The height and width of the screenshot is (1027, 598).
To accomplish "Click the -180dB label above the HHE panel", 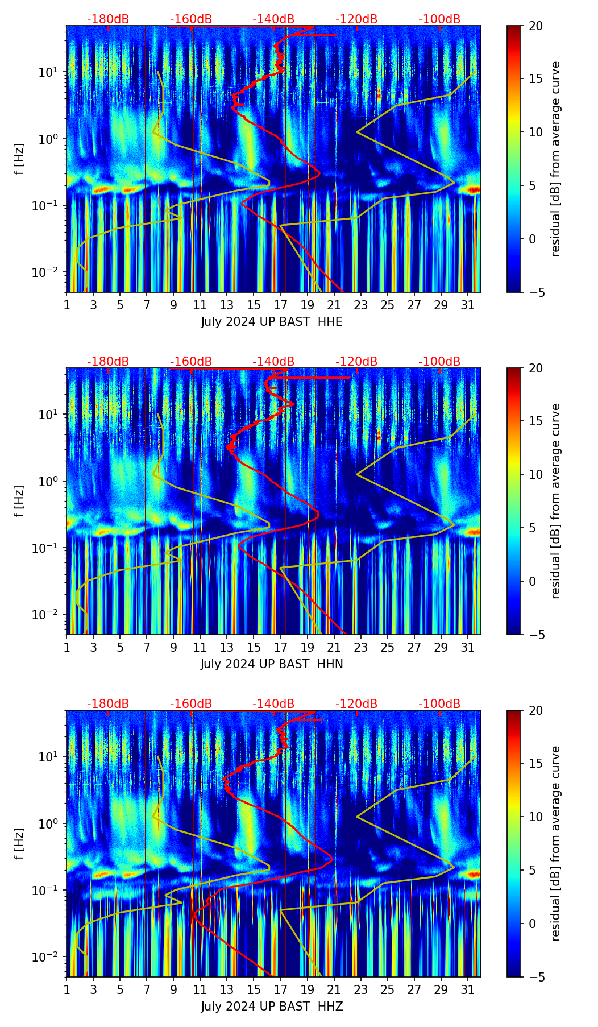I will click(x=108, y=19).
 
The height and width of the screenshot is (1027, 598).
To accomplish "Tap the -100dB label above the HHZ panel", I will click(x=439, y=704).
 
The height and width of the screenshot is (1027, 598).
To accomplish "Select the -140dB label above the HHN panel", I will click(x=273, y=362).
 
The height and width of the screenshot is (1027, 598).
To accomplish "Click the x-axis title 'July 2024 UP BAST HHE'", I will click(x=272, y=322).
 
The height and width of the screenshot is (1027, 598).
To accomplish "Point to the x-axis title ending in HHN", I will click(x=272, y=664).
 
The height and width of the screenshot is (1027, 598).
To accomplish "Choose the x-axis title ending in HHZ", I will click(x=272, y=1007).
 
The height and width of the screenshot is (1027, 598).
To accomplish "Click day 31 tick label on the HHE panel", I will click(x=467, y=305).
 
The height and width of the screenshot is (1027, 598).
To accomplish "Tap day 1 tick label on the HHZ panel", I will click(x=67, y=990).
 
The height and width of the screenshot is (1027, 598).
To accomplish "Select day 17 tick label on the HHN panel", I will click(x=280, y=648).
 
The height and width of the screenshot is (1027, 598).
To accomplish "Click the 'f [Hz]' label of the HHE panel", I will click(x=20, y=159).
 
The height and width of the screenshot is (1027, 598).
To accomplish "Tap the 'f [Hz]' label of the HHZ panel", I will click(x=20, y=843).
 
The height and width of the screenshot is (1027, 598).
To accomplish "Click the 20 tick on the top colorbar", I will click(x=535, y=26).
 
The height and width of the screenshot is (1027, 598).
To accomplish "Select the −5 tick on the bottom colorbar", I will click(x=535, y=977).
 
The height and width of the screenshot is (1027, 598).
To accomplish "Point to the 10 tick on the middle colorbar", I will click(x=535, y=474).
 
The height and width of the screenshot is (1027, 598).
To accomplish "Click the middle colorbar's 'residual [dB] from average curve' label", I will click(x=555, y=501).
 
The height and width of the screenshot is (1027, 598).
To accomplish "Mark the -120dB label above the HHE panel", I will click(x=356, y=19).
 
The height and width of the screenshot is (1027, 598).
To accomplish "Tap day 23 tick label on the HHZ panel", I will click(x=360, y=990).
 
